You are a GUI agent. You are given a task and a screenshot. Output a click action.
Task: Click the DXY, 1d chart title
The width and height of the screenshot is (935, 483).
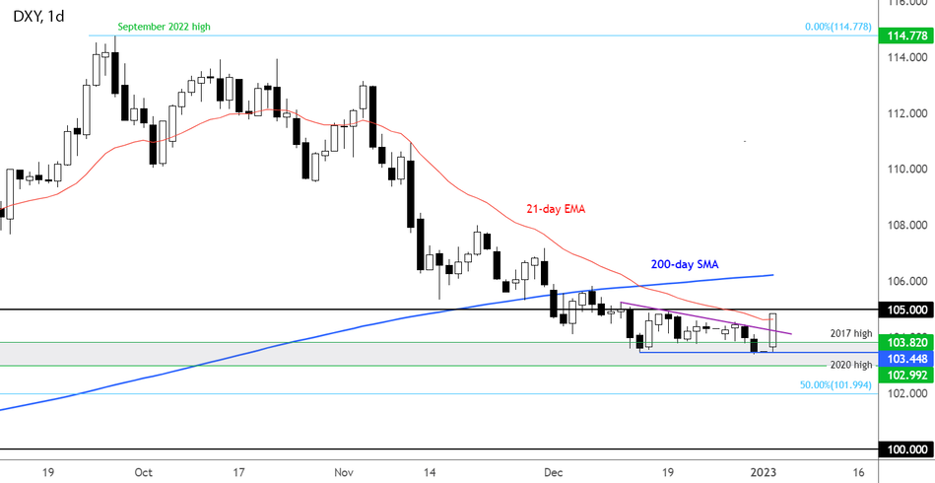36,16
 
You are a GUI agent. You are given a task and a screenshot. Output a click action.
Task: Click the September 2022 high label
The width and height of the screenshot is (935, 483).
164,27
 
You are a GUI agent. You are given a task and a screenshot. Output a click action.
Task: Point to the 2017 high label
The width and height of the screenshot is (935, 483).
851,334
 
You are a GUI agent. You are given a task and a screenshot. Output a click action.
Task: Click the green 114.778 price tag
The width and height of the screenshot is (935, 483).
907,36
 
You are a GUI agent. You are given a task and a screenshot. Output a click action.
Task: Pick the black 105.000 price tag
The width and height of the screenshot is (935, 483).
907,310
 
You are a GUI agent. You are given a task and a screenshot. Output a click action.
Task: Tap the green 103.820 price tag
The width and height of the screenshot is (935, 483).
907,342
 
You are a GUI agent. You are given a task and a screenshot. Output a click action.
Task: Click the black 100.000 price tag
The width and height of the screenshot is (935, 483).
907,449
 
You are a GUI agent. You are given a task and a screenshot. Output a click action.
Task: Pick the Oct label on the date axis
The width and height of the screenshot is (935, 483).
143,471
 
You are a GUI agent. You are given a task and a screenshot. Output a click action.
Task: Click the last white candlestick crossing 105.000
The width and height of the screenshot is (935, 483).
773,331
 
